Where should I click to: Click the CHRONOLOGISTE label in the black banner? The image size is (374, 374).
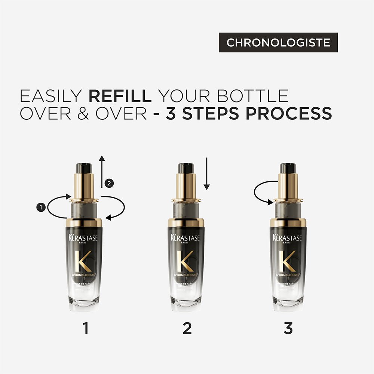click(x=278, y=43)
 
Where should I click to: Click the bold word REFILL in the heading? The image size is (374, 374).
click(x=120, y=96)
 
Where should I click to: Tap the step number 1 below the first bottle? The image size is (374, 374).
click(x=86, y=328)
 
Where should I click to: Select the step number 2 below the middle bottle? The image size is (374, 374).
click(x=187, y=328)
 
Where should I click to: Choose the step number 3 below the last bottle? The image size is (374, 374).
click(x=288, y=328)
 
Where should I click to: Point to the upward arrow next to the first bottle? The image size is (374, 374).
click(x=101, y=172)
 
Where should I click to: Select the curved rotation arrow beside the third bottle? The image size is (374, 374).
click(x=262, y=193)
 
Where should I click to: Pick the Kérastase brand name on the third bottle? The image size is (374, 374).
click(x=288, y=238)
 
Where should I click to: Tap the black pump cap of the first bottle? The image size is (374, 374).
click(x=84, y=168)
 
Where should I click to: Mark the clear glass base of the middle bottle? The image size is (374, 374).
click(x=186, y=301)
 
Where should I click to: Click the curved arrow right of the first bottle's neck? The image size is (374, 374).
click(x=116, y=208)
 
